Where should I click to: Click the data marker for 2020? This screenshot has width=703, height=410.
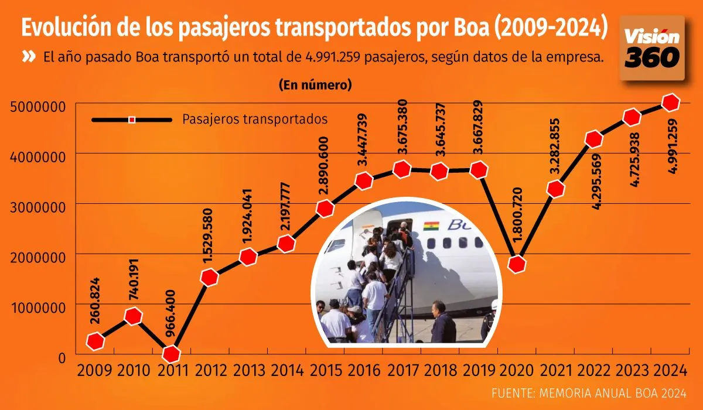tap(517, 264)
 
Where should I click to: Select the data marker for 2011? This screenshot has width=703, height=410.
tap(172, 354)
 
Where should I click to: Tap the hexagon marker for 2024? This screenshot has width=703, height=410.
tap(670, 102)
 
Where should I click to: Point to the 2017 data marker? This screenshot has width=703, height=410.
tap(402, 169)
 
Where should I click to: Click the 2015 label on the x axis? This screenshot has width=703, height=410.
tap(325, 371)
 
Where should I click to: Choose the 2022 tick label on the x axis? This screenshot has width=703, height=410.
tap(594, 371)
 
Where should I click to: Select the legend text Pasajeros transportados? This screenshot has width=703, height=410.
tap(255, 119)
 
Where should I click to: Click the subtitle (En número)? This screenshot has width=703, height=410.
tap(315, 85)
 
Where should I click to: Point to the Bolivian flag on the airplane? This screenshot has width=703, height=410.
tap(432, 225)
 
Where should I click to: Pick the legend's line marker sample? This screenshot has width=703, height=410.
tap(132, 119)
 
